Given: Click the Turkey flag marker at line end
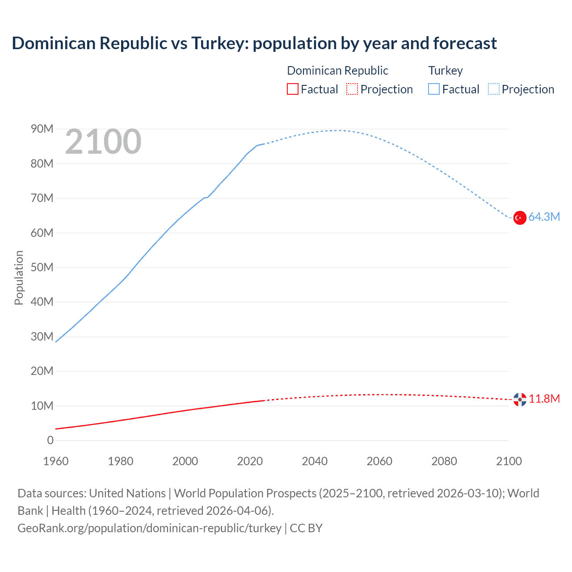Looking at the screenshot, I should pyautogui.click(x=519, y=218).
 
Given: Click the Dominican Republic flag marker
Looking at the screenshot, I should pyautogui.click(x=519, y=400).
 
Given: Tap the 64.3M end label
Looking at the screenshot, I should pyautogui.click(x=544, y=217).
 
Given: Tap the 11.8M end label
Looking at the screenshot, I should pyautogui.click(x=544, y=399).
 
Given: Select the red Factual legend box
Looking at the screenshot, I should pyautogui.click(x=292, y=89).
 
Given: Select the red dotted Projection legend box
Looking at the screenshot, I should pyautogui.click(x=352, y=89).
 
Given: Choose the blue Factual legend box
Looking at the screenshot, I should pyautogui.click(x=433, y=89).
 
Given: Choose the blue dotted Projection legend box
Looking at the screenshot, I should pyautogui.click(x=494, y=89).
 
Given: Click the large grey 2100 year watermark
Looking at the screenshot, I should pyautogui.click(x=103, y=142).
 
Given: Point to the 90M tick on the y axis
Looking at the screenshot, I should pyautogui.click(x=42, y=129).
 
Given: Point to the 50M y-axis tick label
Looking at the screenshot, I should pyautogui.click(x=42, y=268).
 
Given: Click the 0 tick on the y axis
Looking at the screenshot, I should pyautogui.click(x=50, y=441).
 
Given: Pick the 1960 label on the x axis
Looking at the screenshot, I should pyautogui.click(x=56, y=461).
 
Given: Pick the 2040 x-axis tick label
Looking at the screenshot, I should pyautogui.click(x=315, y=461).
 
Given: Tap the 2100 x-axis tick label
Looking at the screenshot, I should pyautogui.click(x=509, y=461).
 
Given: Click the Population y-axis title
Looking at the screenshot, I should pyautogui.click(x=19, y=278).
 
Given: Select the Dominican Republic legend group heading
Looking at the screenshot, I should pyautogui.click(x=337, y=71).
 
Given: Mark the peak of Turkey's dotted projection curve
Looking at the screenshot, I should pyautogui.click(x=338, y=130).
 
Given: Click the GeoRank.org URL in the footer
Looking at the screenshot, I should pyautogui.click(x=149, y=528).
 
